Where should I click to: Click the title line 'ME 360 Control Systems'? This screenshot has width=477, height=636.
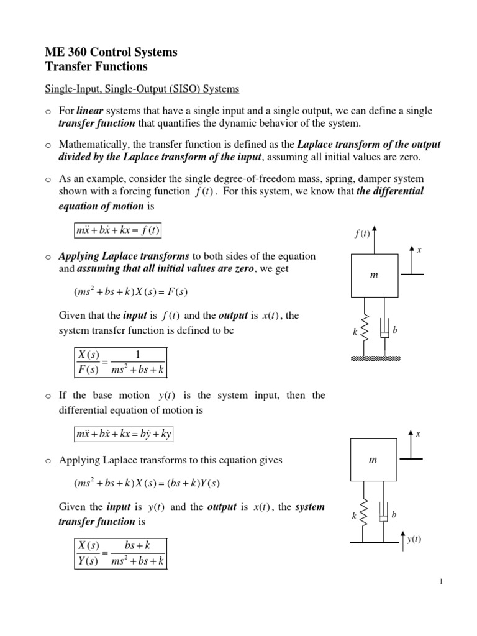tap(112, 52)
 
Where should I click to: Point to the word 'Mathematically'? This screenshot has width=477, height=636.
tap(90, 145)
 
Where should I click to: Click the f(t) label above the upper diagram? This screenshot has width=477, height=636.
tap(361, 234)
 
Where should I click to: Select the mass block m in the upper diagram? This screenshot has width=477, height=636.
tap(373, 275)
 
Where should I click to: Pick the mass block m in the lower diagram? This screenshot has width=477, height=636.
tap(373, 460)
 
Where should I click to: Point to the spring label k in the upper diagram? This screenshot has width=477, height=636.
tap(355, 333)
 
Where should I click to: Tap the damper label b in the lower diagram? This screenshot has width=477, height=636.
tap(394, 515)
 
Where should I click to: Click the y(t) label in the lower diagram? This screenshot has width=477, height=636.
tap(414, 539)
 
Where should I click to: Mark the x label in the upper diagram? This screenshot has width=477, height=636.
tap(419, 250)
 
